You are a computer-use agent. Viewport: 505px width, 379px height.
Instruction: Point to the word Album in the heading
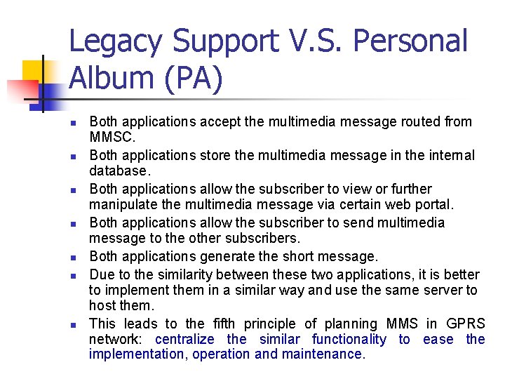tap(105, 79)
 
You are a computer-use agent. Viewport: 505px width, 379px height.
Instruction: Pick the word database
tap(119, 171)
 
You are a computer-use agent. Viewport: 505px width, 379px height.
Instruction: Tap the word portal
tap(433, 204)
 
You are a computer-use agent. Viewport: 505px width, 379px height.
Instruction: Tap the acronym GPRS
tap(465, 324)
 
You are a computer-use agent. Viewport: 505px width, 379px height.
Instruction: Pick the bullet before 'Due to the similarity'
tap(72, 275)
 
